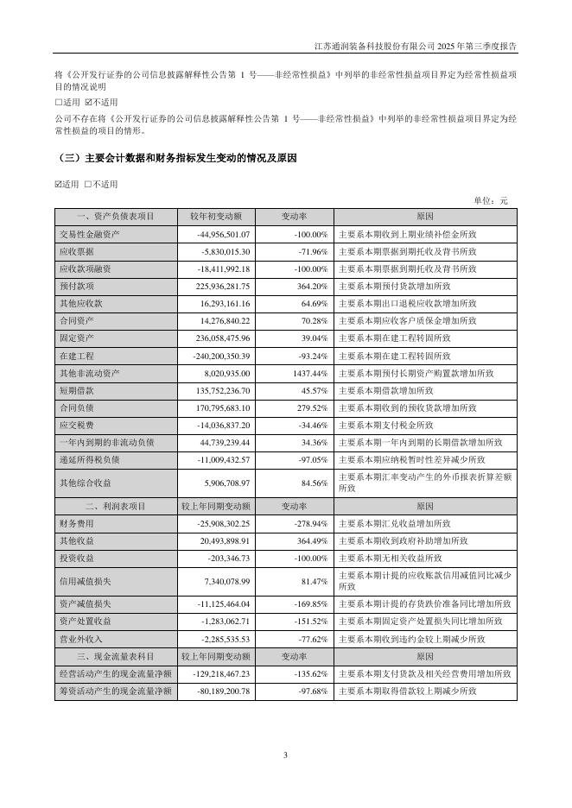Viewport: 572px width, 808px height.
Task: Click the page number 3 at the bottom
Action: pos(285,756)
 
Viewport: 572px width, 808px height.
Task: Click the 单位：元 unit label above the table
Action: pos(491,201)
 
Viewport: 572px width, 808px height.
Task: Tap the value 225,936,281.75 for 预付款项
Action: pos(217,286)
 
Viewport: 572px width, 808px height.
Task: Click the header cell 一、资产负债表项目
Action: pos(115,216)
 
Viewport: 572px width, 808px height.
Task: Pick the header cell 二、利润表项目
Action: pos(115,505)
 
